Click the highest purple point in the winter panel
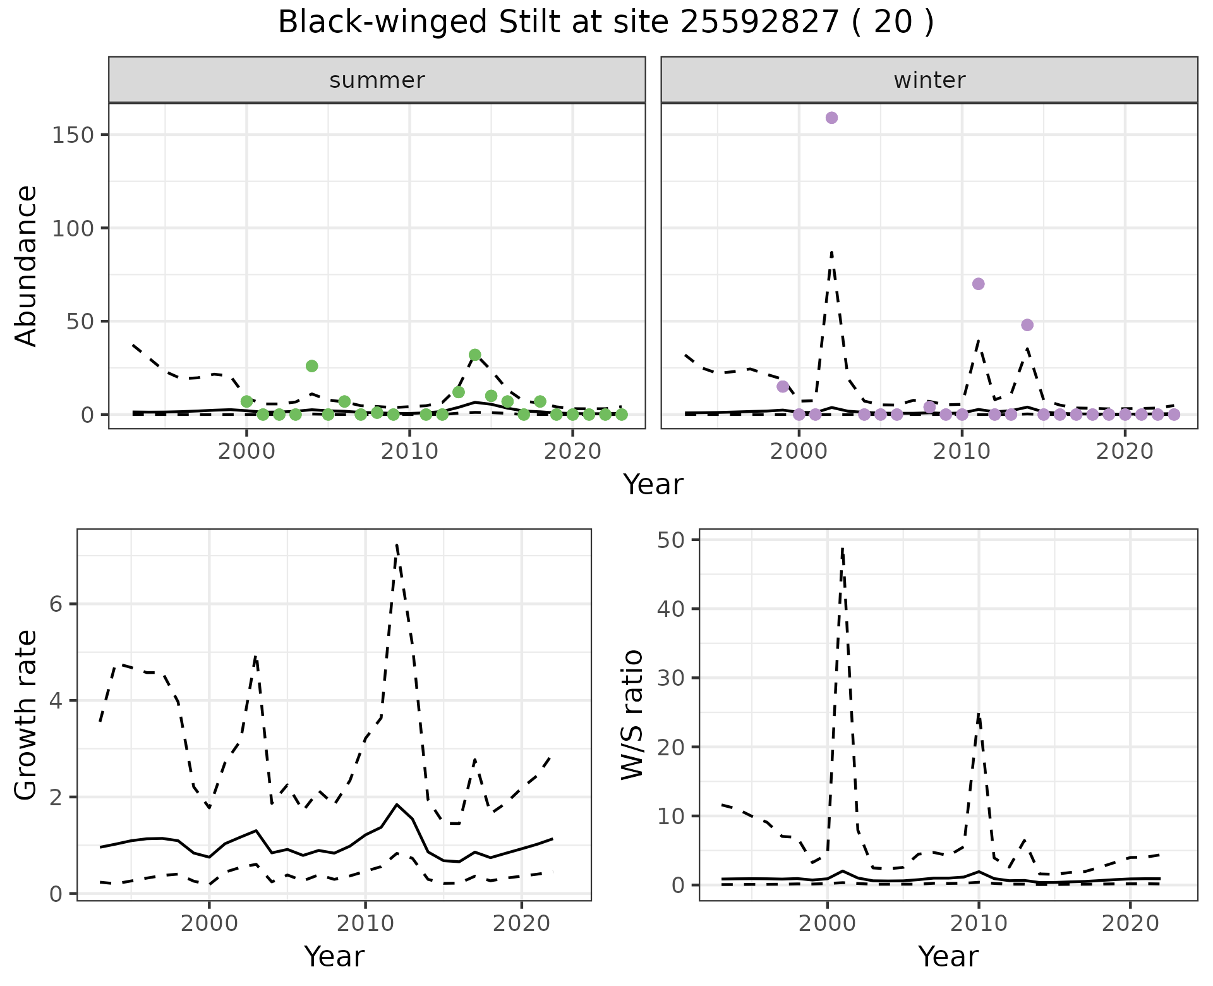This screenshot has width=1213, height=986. click(831, 118)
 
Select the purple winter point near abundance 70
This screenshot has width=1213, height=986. click(978, 284)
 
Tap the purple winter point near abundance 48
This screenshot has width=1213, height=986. click(1027, 325)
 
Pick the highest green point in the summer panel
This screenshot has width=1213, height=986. click(475, 355)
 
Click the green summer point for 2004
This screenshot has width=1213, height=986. click(311, 366)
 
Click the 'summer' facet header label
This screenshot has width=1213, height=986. click(377, 80)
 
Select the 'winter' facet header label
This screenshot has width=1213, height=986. click(929, 80)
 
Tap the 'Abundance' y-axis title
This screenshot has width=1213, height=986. click(27, 265)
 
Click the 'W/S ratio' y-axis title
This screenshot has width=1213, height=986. click(632, 714)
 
